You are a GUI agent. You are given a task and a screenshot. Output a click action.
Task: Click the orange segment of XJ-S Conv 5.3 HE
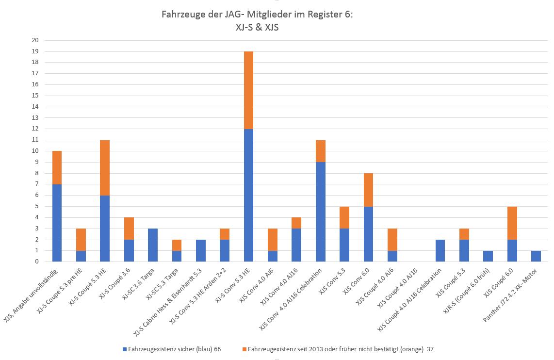[x=248, y=90]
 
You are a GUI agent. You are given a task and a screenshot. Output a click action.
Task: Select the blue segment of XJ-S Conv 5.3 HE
[x=248, y=195]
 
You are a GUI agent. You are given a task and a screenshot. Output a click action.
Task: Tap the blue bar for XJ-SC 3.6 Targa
[x=152, y=245]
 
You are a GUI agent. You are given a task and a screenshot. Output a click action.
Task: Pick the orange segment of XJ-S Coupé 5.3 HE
[x=104, y=167]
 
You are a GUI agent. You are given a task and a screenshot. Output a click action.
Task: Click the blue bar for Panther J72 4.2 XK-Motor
[x=536, y=256]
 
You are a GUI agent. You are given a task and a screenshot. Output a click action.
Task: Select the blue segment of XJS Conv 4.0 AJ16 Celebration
[x=320, y=212]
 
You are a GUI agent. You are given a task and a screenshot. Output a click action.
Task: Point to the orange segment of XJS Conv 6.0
[x=368, y=190]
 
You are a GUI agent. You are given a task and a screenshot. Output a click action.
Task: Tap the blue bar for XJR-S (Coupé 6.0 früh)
[x=488, y=256]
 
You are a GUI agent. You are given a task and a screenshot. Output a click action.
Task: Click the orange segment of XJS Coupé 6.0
[x=512, y=223]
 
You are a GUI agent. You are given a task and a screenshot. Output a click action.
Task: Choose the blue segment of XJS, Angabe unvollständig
[x=57, y=223]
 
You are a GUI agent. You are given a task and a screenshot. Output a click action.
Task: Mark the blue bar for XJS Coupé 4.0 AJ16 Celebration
[x=440, y=251]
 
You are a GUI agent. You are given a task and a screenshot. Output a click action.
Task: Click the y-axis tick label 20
[x=35, y=40]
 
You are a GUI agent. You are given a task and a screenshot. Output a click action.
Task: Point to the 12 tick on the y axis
[x=35, y=129]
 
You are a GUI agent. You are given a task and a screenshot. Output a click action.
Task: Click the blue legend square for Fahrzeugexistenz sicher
[x=125, y=349]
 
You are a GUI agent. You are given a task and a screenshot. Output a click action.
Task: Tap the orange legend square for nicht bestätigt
[x=244, y=349]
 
